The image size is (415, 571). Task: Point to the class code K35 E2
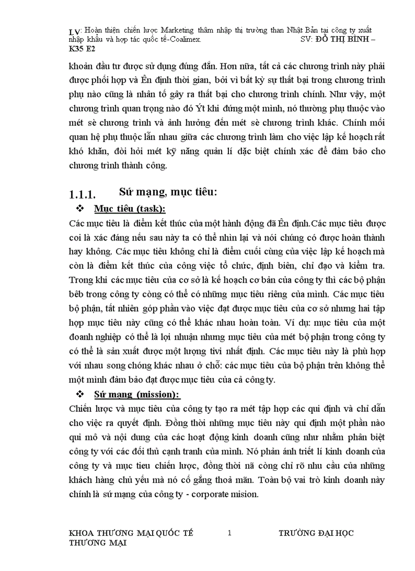[x=81, y=49]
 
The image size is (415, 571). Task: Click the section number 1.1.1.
[x=82, y=194]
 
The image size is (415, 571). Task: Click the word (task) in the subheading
[x=150, y=209]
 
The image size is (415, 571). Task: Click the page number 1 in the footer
[x=229, y=533]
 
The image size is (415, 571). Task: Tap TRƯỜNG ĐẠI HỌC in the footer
[x=316, y=533]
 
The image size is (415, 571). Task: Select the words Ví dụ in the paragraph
[x=301, y=322]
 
